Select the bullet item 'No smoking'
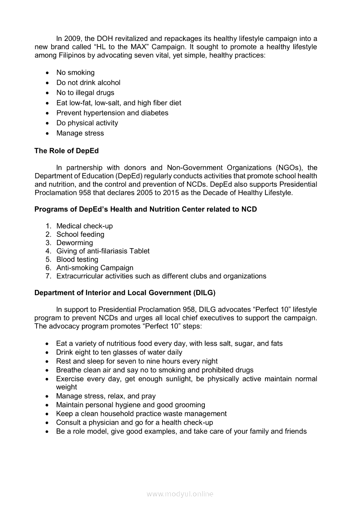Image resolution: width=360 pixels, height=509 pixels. tap(75, 73)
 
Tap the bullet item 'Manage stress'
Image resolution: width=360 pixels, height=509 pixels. tap(80, 133)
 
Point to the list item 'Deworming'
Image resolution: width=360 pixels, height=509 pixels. tap(75, 243)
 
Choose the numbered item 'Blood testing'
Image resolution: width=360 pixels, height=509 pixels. tap(77, 260)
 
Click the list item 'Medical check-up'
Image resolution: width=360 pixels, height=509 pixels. tap(85, 226)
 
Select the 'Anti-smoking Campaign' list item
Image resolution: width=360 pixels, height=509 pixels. tap(95, 268)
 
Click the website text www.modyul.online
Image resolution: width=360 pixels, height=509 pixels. tap(180, 494)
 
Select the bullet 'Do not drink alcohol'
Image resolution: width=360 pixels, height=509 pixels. tap(88, 83)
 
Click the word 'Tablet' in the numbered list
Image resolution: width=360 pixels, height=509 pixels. tap(139, 251)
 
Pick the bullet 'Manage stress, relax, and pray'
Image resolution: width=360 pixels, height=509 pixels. tap(105, 396)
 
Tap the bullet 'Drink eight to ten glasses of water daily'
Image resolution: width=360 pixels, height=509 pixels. tap(119, 352)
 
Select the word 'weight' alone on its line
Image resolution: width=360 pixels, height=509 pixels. tap(66, 387)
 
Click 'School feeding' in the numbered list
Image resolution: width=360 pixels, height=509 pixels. tap(80, 234)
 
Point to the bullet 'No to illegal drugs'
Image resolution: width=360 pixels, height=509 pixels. tap(85, 93)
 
